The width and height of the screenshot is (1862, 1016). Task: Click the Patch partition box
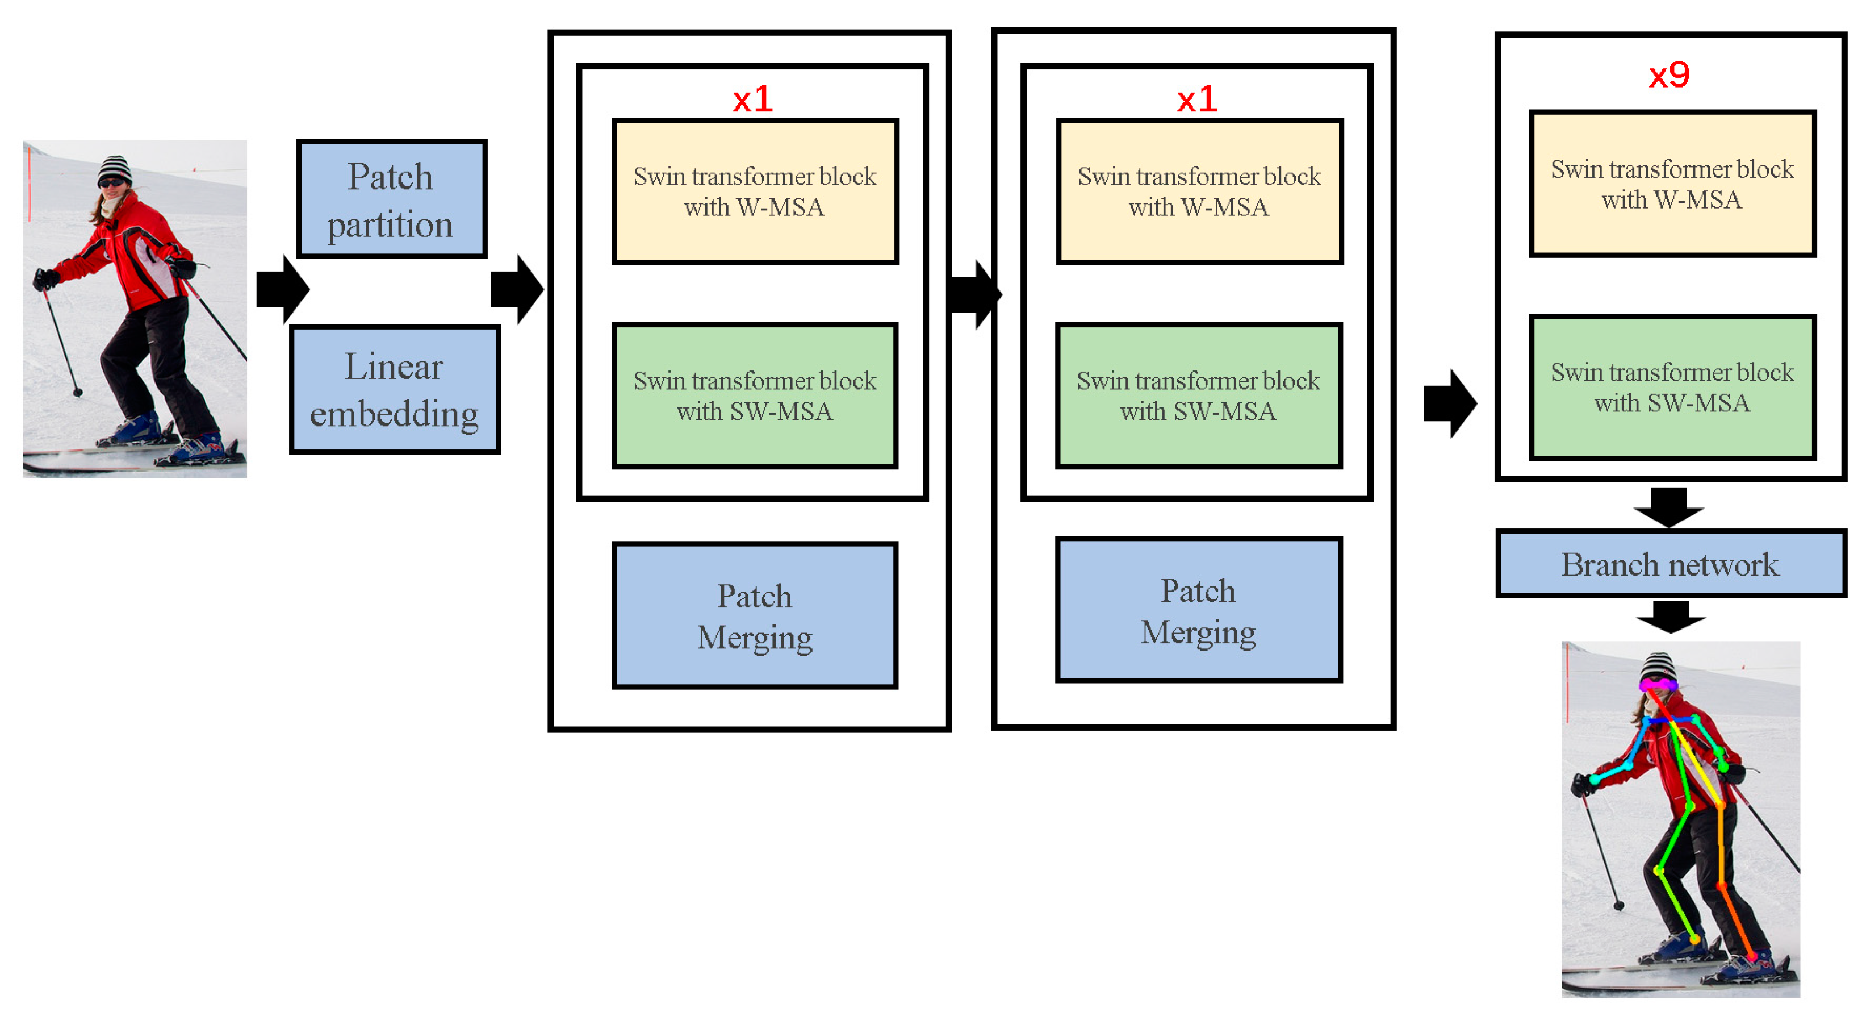pyautogui.click(x=392, y=199)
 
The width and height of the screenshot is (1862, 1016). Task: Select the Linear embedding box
pyautogui.click(x=395, y=390)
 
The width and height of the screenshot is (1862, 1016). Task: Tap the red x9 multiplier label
pyautogui.click(x=1669, y=74)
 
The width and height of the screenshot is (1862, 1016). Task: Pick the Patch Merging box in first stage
pyautogui.click(x=755, y=615)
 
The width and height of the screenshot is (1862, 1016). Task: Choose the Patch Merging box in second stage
pyautogui.click(x=1198, y=610)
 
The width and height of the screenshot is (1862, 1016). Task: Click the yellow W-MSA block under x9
pyautogui.click(x=1672, y=184)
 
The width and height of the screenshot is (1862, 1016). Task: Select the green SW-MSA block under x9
pyautogui.click(x=1672, y=387)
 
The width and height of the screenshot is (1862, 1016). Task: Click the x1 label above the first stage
pyautogui.click(x=752, y=99)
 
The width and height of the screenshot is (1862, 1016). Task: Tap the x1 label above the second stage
pyautogui.click(x=1197, y=99)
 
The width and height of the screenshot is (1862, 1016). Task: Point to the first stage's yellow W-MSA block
pyautogui.click(x=755, y=191)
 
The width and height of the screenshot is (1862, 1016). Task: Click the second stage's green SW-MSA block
pyautogui.click(x=1198, y=395)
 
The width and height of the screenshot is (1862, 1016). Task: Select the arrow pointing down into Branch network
pyautogui.click(x=1669, y=507)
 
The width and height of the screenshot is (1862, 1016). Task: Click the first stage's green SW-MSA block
pyautogui.click(x=755, y=395)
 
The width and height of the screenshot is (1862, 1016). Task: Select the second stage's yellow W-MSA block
pyautogui.click(x=1198, y=191)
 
